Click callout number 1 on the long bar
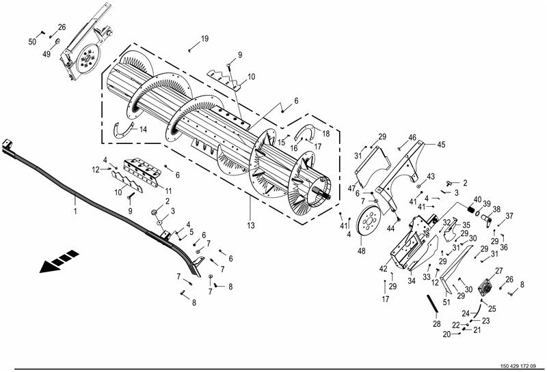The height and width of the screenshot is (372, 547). [75, 211]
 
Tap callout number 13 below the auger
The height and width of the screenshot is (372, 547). [251, 225]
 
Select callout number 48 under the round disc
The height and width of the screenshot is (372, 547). [362, 251]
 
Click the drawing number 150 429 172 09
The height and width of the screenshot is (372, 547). [518, 366]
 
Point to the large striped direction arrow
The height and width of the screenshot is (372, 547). [59, 261]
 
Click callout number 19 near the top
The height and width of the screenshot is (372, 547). [204, 39]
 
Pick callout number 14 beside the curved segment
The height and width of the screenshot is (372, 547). [143, 130]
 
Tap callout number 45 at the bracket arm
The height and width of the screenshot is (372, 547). [441, 144]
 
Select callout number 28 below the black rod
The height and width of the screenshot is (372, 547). [437, 324]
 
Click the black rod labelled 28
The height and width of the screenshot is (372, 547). [433, 304]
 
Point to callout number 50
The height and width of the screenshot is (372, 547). [32, 42]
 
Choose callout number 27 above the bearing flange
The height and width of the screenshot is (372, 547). [499, 271]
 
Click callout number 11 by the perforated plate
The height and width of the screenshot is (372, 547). [168, 191]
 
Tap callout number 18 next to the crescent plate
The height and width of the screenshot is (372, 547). [325, 134]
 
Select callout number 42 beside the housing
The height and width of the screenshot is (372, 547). [384, 269]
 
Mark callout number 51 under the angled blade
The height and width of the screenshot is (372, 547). [446, 302]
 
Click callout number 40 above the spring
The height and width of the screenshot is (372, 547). [477, 199]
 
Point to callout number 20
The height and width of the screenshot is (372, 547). [447, 334]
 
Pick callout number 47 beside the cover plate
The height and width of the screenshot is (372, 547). [351, 188]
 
